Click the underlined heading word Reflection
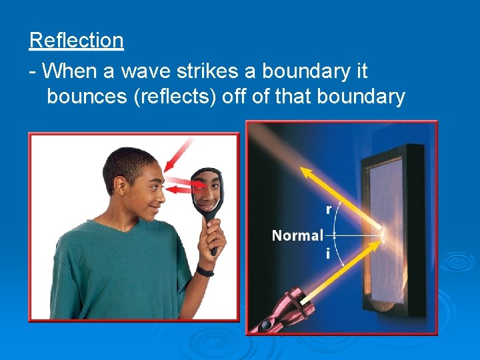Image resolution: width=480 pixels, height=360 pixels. [76, 41]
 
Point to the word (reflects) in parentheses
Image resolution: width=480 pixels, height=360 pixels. [175, 97]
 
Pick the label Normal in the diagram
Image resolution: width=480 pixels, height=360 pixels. [297, 235]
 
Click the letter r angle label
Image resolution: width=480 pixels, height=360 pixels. [328, 209]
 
